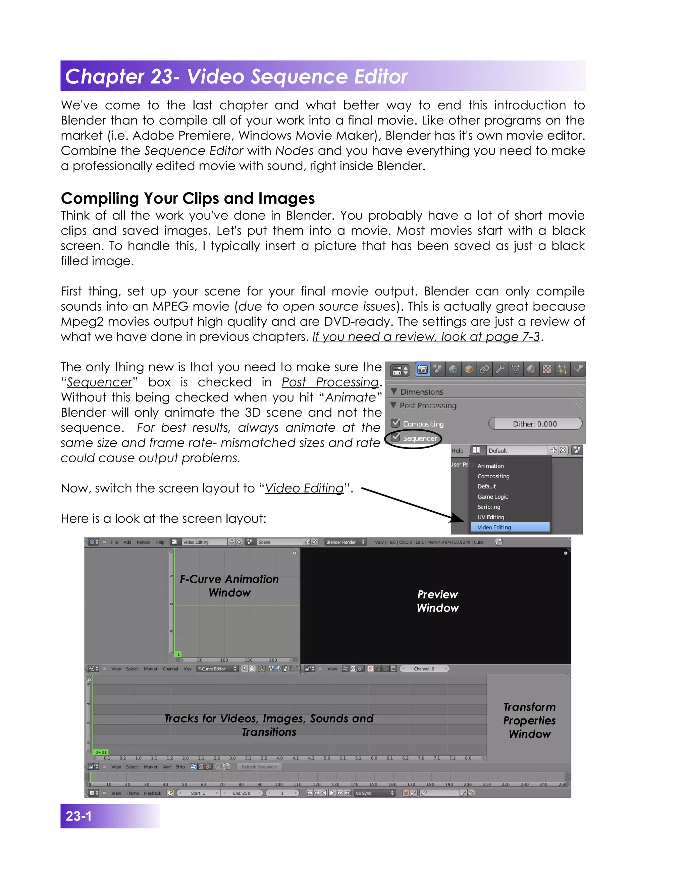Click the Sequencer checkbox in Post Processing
(395, 437)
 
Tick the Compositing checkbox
(395, 423)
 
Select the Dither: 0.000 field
(535, 424)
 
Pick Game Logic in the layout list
(492, 496)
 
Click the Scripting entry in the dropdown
(488, 507)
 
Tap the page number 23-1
(79, 816)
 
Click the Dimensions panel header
(422, 391)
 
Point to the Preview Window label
(437, 601)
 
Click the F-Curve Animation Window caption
(229, 586)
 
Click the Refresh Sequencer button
(259, 767)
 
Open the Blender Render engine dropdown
(346, 542)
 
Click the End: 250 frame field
(242, 793)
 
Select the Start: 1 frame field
(198, 793)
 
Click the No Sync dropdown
(374, 793)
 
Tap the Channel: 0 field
(424, 669)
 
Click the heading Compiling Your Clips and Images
(188, 198)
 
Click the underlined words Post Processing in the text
(330, 382)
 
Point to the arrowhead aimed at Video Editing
(459, 519)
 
